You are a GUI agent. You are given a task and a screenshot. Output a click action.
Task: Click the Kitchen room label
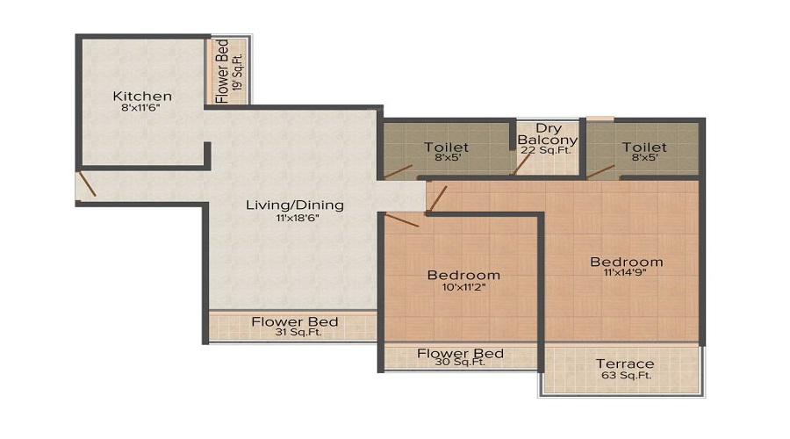[142, 96]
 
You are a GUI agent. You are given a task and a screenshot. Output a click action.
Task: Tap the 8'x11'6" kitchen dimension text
[142, 110]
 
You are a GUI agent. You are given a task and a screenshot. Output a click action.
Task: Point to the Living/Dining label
[294, 205]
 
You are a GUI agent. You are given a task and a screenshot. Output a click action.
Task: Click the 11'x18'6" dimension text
[294, 219]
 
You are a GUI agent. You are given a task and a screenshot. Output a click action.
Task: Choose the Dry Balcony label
[548, 134]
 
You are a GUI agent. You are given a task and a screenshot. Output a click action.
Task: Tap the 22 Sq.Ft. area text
[548, 151]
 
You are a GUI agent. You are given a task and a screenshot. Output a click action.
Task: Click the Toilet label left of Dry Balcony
[446, 147]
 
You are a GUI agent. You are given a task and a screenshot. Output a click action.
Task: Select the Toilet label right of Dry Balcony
[644, 147]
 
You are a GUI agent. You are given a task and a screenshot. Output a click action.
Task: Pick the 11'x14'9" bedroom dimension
[626, 276]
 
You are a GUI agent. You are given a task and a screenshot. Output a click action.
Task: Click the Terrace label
[624, 363]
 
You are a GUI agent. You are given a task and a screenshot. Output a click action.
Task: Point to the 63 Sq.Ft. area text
[624, 377]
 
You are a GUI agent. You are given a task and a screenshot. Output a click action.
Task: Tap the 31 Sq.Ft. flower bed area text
[294, 335]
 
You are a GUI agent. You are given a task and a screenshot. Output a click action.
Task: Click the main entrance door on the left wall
[86, 185]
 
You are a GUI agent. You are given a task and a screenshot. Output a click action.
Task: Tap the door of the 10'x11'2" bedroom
[402, 219]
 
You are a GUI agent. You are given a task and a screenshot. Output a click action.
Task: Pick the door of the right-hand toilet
[601, 170]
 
